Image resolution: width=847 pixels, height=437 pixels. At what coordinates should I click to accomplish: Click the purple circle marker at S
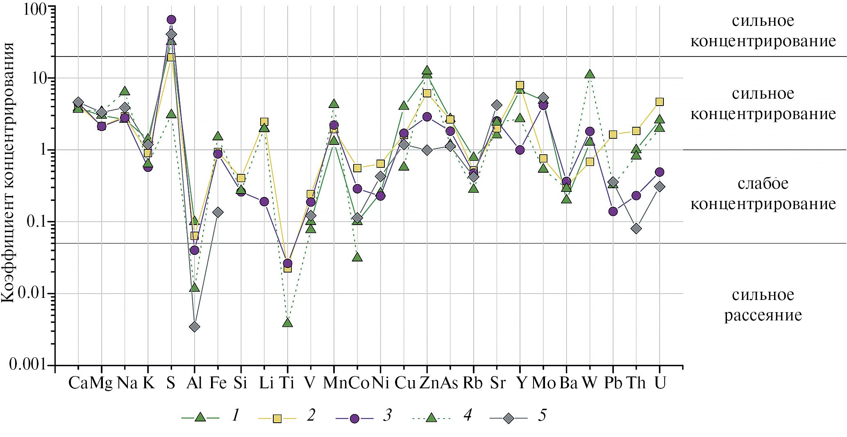pos(171,20)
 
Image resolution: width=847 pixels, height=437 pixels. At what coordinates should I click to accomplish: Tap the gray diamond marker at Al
pos(195,327)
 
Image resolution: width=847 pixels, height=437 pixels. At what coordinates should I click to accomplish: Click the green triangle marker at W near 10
pos(590,74)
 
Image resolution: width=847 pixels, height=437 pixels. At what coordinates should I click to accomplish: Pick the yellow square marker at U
pos(659,102)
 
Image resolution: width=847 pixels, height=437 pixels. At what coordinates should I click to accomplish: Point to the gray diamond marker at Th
pos(636,228)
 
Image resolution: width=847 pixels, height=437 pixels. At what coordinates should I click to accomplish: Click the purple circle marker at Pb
pos(613,211)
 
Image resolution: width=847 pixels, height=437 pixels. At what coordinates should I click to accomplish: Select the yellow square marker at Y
pos(520,86)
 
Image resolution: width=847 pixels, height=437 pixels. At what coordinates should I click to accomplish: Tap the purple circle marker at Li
pos(264,201)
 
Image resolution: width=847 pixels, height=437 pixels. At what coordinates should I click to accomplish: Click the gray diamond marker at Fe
pos(218,212)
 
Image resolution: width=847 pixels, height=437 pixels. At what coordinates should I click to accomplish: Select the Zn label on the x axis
pos(428,383)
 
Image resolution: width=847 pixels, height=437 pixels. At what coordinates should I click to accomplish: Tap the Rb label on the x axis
pos(473,383)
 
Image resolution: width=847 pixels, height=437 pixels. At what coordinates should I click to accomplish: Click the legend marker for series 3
pos(354,418)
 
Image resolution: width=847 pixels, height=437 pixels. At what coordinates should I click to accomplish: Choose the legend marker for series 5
pos(509,418)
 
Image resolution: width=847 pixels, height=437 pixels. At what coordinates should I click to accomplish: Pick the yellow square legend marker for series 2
pos(277,418)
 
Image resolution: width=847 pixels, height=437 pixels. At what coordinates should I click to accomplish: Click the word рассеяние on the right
pos(763,315)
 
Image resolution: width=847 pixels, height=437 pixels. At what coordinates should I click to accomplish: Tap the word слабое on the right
pos(763,184)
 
